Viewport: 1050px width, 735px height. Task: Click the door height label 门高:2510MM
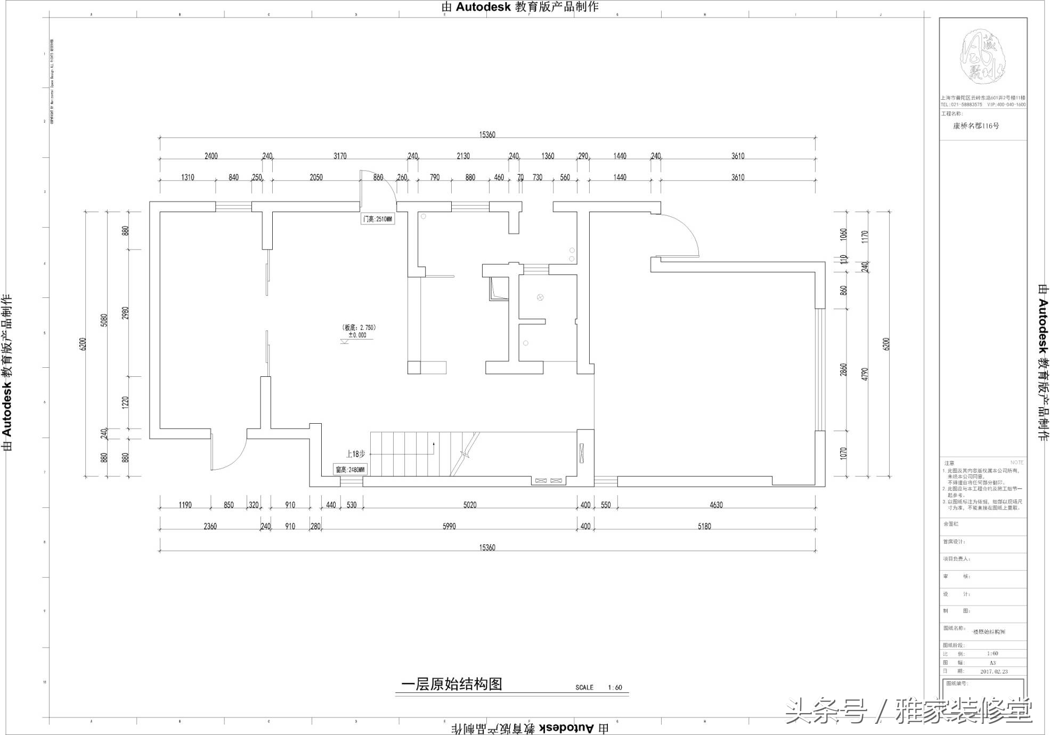tap(378, 219)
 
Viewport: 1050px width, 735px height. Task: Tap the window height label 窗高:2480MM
tap(351, 470)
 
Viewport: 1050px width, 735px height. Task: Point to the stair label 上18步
tap(355, 454)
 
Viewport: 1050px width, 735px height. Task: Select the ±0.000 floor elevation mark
tap(357, 335)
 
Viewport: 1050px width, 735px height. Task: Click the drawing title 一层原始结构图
tap(452, 684)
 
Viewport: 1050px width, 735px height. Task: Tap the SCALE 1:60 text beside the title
tap(599, 688)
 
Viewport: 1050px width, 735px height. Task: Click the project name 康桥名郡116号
tap(976, 126)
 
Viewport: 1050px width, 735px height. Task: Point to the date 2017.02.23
tap(994, 672)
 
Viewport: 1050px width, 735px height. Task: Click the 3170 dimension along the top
tap(340, 156)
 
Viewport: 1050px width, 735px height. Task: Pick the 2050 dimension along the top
tap(316, 177)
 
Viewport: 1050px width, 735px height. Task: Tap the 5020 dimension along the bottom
tap(470, 505)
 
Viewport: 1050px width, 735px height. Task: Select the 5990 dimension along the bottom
tap(449, 526)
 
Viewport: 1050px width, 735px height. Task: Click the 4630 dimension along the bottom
tap(716, 505)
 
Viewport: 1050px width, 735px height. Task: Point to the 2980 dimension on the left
tap(126, 313)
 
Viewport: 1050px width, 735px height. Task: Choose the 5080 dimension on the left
tap(104, 320)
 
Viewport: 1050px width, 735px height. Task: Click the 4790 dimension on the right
tap(865, 374)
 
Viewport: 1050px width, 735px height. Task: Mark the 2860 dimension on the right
tap(843, 369)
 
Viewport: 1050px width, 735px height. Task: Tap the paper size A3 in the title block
tap(992, 663)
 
